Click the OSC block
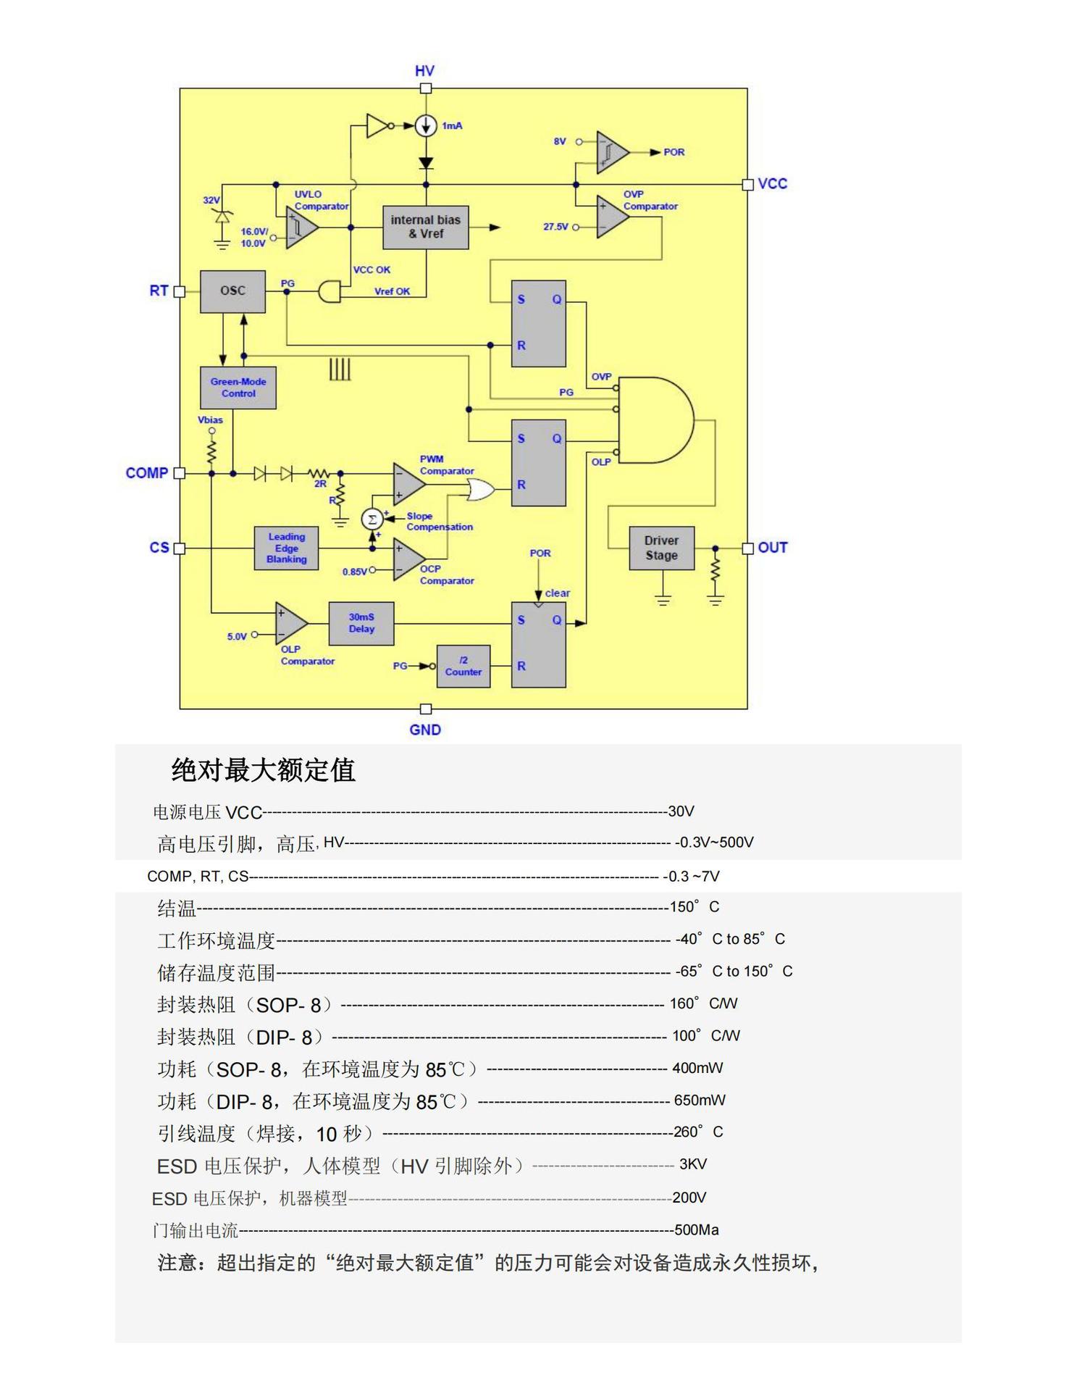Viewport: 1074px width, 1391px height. point(232,291)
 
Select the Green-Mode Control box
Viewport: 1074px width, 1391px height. point(238,388)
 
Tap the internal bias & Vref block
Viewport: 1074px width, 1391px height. point(425,227)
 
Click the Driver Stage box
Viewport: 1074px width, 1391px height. point(661,548)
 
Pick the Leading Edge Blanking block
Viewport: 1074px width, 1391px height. point(286,548)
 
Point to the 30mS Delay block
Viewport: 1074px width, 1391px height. point(361,623)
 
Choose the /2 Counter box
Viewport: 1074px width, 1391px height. point(463,666)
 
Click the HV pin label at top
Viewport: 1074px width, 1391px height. point(424,71)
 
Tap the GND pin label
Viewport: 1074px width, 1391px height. point(425,730)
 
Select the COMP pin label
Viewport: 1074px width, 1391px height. point(147,473)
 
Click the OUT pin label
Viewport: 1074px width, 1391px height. point(773,548)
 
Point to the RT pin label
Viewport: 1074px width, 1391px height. point(159,291)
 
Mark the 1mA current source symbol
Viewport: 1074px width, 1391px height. point(426,126)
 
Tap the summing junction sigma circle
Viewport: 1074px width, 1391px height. point(372,519)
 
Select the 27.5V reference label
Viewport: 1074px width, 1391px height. point(556,227)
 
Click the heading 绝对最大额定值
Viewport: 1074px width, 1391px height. point(263,770)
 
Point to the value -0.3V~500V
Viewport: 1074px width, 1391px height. point(714,843)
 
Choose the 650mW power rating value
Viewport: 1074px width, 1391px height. point(700,1100)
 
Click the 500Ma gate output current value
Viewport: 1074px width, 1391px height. point(696,1230)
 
